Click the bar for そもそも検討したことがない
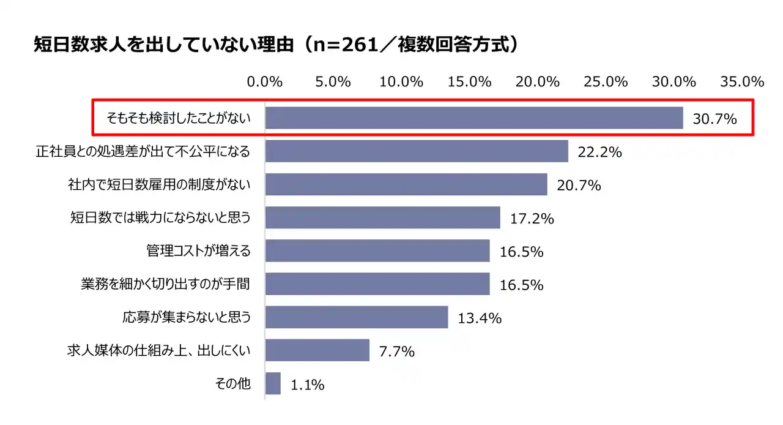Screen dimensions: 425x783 tap(474, 118)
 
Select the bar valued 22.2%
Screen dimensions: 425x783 tap(417, 151)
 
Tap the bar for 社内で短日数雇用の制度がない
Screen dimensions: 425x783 tap(406, 184)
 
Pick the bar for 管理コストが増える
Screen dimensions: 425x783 tap(377, 250)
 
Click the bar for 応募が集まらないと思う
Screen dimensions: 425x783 tap(357, 317)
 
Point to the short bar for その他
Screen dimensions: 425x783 tap(273, 384)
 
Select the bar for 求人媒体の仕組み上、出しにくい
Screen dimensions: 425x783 tap(317, 350)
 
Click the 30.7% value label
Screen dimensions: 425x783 tap(714, 119)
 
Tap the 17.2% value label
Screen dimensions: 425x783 tap(532, 218)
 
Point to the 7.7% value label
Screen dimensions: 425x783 tap(397, 352)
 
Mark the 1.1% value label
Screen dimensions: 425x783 tap(308, 385)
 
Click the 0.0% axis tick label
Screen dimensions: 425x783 tap(264, 81)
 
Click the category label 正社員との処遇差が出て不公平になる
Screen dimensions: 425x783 tap(144, 151)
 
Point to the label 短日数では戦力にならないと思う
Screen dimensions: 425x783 tap(161, 217)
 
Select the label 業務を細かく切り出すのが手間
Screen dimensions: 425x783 tap(165, 284)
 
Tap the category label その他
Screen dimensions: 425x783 tap(233, 384)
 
